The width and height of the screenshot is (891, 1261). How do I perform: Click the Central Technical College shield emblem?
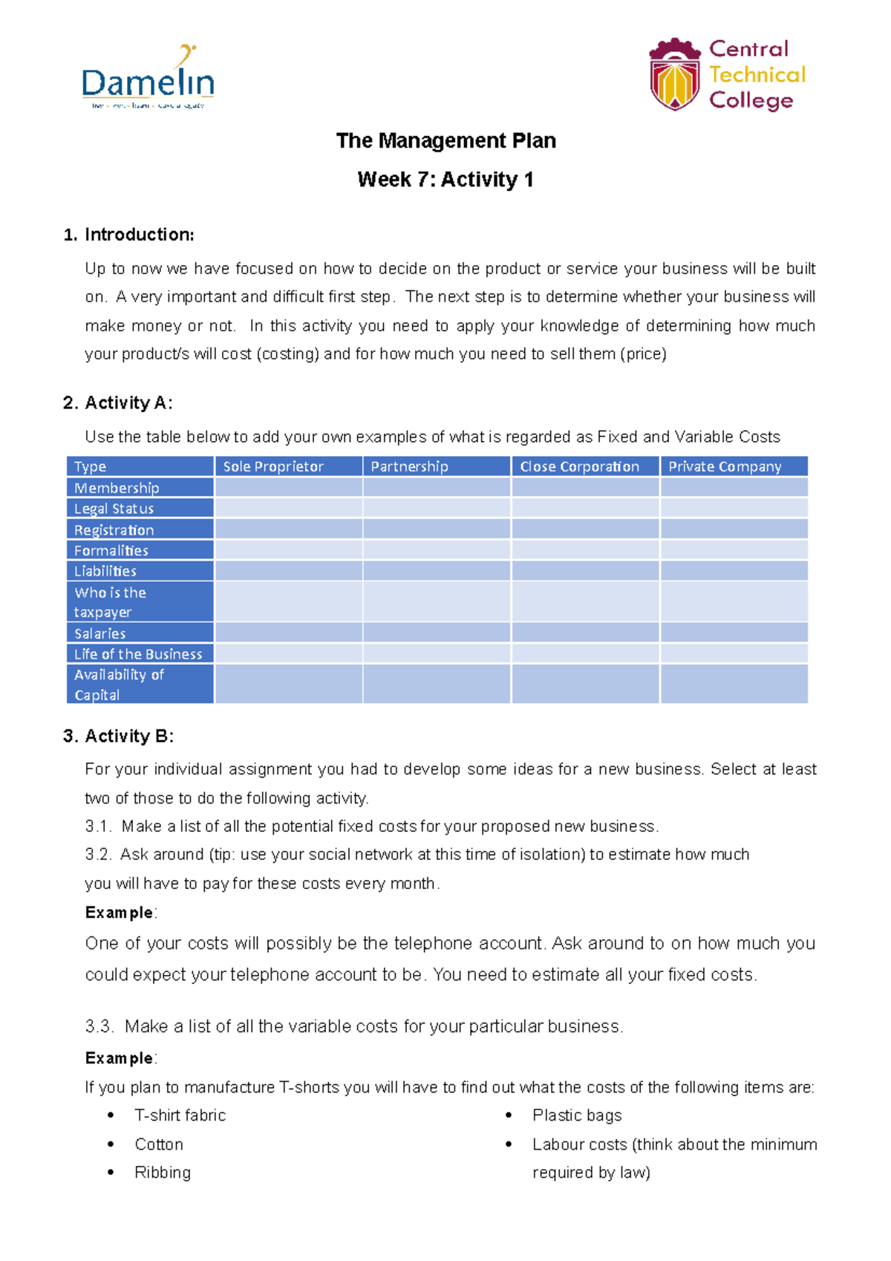[x=674, y=75]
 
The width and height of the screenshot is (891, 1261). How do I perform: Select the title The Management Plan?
[x=446, y=140]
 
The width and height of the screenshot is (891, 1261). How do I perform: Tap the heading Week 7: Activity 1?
[x=446, y=180]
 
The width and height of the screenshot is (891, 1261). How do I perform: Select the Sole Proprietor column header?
[x=273, y=466]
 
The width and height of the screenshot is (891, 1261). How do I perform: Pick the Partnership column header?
[x=409, y=466]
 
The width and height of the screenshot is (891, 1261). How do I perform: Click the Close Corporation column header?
[x=579, y=466]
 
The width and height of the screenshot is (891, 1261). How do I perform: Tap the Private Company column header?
[x=725, y=466]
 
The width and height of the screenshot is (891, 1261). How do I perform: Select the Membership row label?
[x=117, y=488]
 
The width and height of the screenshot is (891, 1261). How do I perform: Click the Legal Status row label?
[x=114, y=509]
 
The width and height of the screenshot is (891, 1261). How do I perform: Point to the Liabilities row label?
[x=105, y=571]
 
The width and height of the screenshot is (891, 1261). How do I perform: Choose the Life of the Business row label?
[x=138, y=654]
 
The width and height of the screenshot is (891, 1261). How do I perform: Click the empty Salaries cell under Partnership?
[x=437, y=633]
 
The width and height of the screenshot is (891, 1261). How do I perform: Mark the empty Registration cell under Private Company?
[x=734, y=530]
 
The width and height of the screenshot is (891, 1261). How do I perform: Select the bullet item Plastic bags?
[x=577, y=1115]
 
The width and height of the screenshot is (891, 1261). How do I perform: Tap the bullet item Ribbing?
[x=163, y=1173]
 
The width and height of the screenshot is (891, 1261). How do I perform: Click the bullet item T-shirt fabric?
[x=180, y=1115]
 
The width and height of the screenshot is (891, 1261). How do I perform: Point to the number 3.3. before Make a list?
[x=99, y=1026]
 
